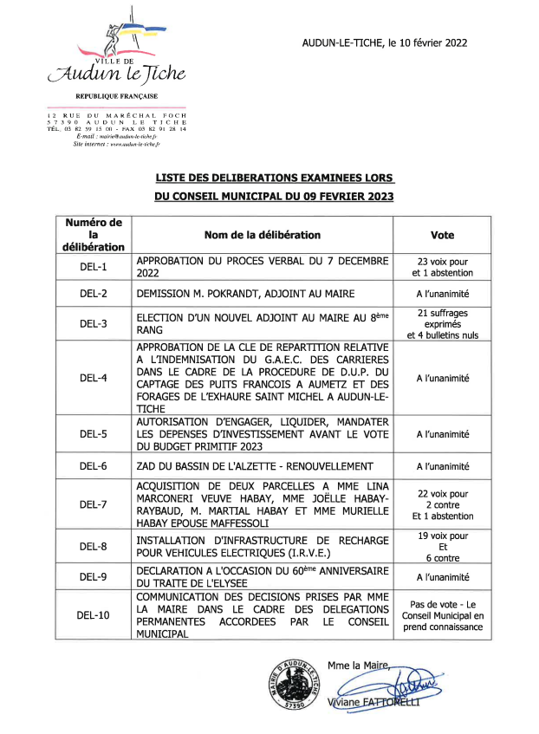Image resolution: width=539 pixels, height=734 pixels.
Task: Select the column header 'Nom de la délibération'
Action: (x=262, y=235)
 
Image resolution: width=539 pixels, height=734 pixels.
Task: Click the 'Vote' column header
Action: (x=442, y=235)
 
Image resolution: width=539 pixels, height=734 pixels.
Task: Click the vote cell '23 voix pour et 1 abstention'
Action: (x=442, y=267)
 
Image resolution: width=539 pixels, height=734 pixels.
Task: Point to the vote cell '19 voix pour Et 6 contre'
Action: (x=442, y=548)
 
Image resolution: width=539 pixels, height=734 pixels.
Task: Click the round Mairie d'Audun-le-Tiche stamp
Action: (x=293, y=685)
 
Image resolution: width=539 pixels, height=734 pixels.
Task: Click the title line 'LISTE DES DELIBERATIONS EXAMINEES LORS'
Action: (x=274, y=177)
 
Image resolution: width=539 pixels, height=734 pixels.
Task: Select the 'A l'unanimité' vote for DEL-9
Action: (x=442, y=576)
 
